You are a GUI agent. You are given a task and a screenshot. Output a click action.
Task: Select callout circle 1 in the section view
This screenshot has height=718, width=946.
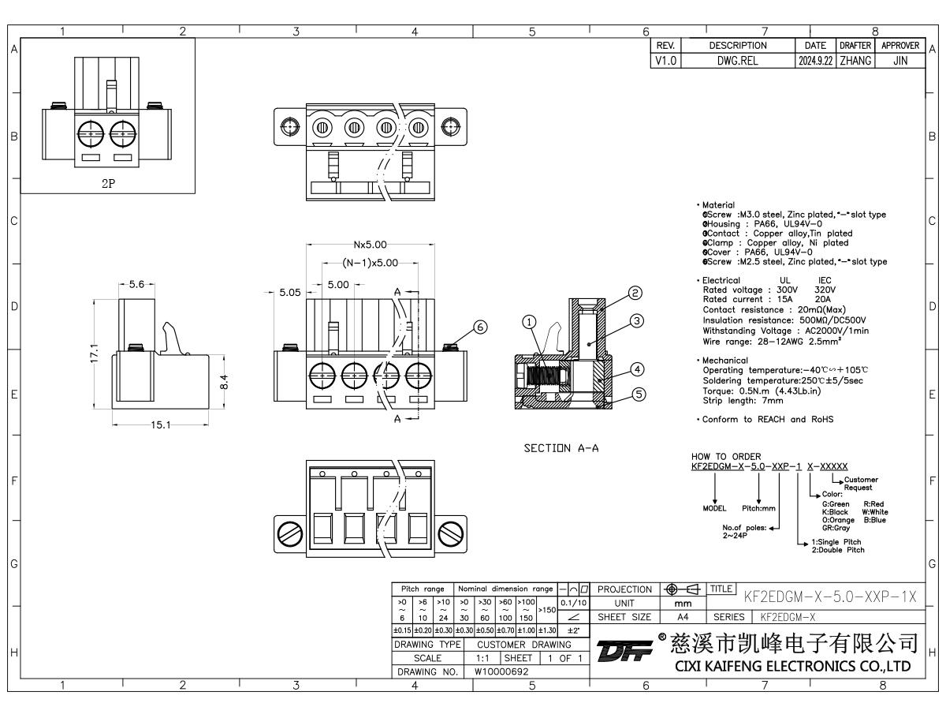[x=529, y=321]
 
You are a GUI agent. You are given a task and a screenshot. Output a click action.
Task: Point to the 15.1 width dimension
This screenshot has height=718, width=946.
[x=161, y=425]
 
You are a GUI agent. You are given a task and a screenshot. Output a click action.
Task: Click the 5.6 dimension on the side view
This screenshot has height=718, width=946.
[x=136, y=286]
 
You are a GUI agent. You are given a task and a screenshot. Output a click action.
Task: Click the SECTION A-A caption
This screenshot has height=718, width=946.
[x=561, y=448]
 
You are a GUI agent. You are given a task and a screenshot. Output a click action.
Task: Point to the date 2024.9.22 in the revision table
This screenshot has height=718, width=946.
[x=813, y=59]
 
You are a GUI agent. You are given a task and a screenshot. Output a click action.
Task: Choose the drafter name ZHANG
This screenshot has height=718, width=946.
[x=854, y=59]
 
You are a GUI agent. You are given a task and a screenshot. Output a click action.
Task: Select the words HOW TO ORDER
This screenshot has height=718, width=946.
[x=715, y=456]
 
